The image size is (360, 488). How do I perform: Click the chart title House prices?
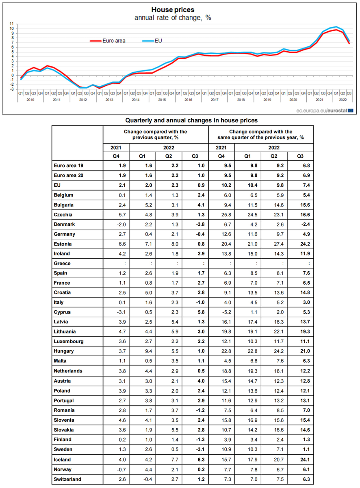click(x=173, y=10)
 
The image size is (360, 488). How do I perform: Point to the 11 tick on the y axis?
click(x=12, y=24)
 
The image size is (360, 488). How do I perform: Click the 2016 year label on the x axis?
click(x=188, y=100)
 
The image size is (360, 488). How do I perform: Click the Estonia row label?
click(x=63, y=244)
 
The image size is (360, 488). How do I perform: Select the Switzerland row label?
click(x=67, y=479)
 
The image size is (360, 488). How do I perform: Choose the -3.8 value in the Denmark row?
click(x=195, y=224)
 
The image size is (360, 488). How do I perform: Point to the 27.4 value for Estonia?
click(x=273, y=244)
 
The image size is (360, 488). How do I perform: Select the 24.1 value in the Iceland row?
click(x=300, y=460)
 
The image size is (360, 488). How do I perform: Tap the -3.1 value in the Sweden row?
click(x=195, y=449)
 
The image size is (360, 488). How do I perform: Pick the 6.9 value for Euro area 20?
click(x=300, y=176)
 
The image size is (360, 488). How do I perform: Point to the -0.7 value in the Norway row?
click(x=116, y=469)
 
